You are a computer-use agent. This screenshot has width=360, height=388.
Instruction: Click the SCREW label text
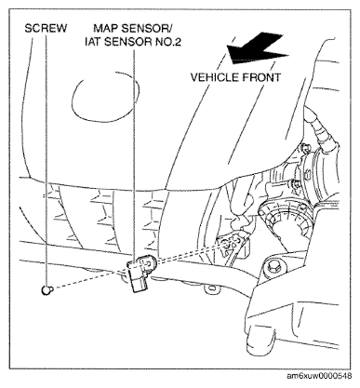pos(43,29)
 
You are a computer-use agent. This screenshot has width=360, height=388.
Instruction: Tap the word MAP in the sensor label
pos(104,29)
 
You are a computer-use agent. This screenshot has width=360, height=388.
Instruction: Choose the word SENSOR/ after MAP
pos(150,29)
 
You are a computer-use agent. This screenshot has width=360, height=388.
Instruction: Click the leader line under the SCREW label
pos(44,158)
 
